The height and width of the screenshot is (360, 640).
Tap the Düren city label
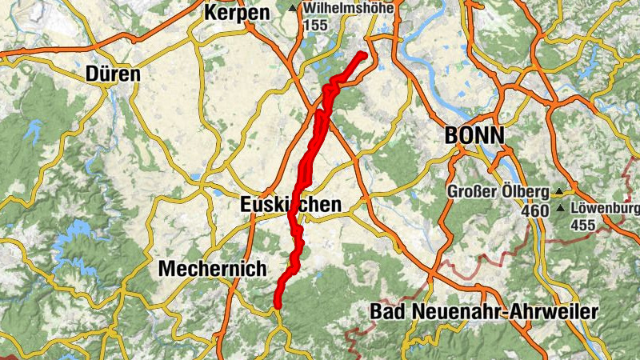click(x=113, y=74)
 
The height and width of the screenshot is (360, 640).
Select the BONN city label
click(x=475, y=136)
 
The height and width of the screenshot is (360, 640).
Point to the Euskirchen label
click(x=290, y=205)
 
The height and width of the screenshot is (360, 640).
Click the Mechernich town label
click(x=212, y=269)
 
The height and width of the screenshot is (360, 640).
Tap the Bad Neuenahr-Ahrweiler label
click(x=484, y=312)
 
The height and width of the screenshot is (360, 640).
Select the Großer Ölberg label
click(x=498, y=192)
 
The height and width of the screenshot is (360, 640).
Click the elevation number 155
click(x=317, y=25)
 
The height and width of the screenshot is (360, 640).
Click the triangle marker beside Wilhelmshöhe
click(x=293, y=9)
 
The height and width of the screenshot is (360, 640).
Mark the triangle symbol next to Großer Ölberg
click(x=558, y=192)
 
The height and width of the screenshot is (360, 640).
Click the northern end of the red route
click(x=363, y=54)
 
